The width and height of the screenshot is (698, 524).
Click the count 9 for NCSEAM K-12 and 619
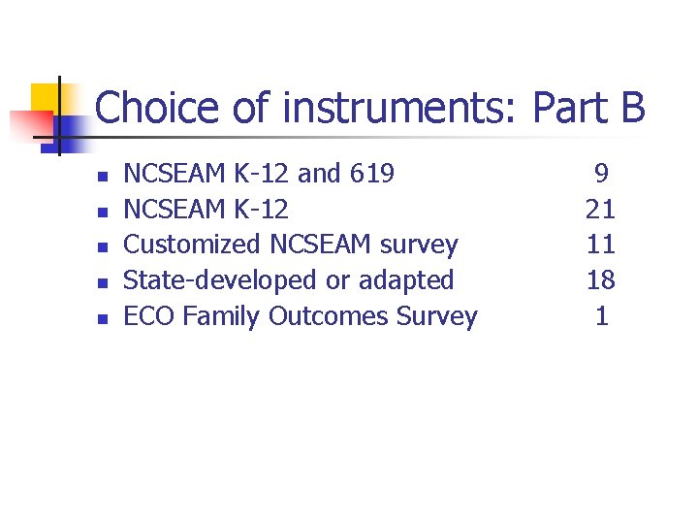[601, 174]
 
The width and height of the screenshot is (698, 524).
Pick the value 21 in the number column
[601, 209]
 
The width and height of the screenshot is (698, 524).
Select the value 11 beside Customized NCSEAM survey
[601, 245]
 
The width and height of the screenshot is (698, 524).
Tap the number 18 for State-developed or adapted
[601, 280]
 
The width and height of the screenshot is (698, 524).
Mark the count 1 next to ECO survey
[602, 316]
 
